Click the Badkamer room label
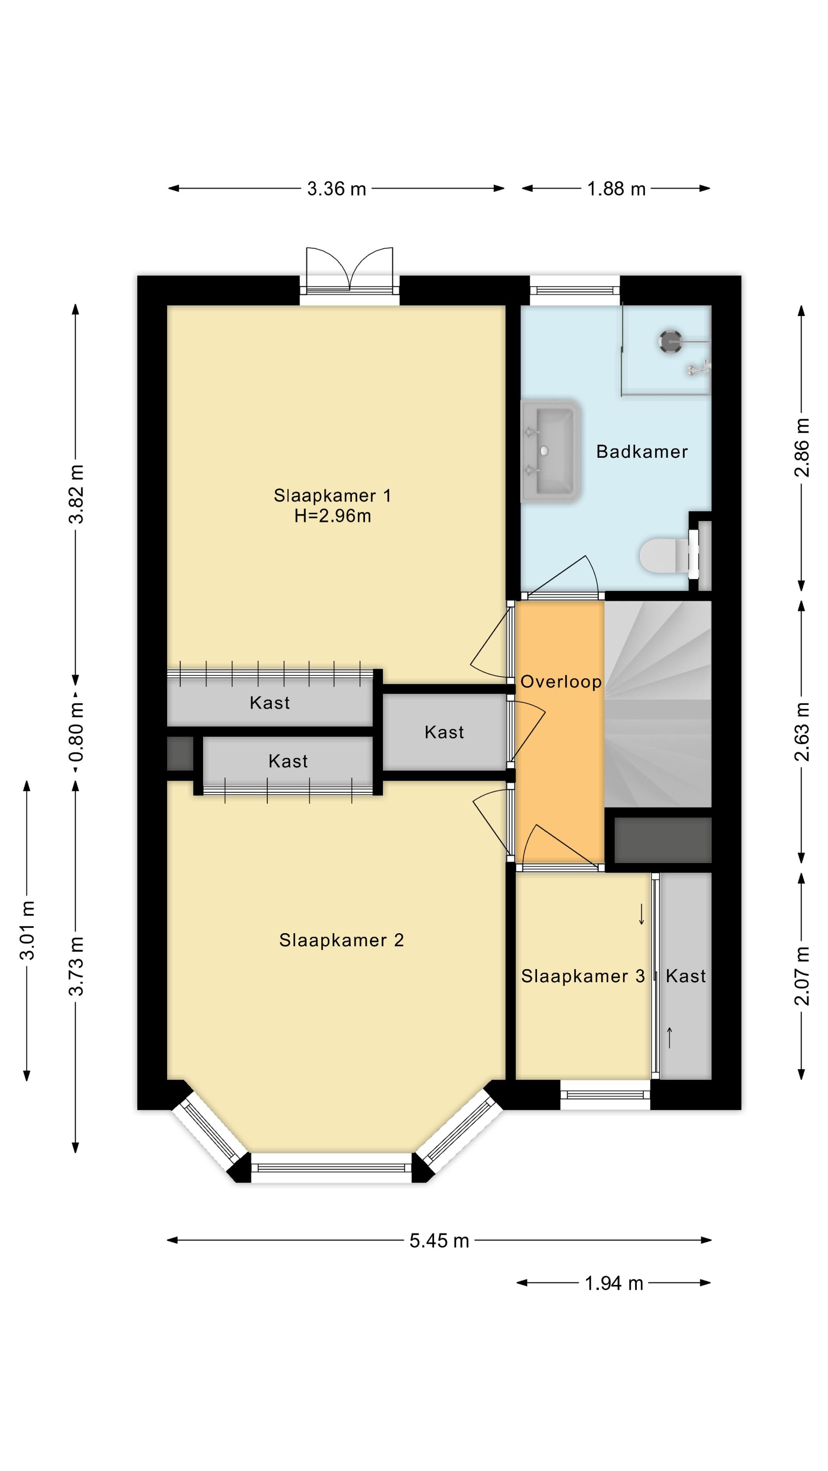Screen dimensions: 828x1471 641,452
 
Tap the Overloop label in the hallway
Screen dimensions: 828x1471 560,681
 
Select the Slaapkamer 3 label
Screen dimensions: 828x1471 582,976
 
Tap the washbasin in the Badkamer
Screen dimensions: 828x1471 551,450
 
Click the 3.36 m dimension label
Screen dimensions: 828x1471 337,188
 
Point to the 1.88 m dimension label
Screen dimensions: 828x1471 616,188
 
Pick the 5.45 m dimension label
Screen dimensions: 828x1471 439,1240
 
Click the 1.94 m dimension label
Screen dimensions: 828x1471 614,1283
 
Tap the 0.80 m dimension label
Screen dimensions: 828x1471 76,732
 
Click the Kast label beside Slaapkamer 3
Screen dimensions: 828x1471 686,976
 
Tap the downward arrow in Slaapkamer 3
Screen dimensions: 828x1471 641,914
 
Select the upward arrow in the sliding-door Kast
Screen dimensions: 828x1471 670,1038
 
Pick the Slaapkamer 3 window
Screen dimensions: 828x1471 605,1095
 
